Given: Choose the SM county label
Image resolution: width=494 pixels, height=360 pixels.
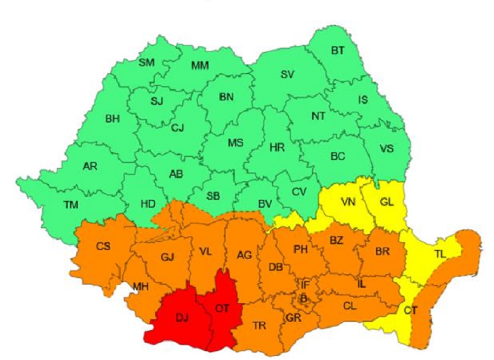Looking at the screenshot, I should point(146,63).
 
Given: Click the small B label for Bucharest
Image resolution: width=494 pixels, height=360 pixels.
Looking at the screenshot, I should point(303,300).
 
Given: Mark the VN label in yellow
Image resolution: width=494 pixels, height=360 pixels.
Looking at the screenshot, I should point(348,202).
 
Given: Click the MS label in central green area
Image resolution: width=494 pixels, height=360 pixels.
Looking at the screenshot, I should point(235,143).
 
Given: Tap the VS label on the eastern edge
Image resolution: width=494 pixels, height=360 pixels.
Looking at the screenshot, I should point(386,149).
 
